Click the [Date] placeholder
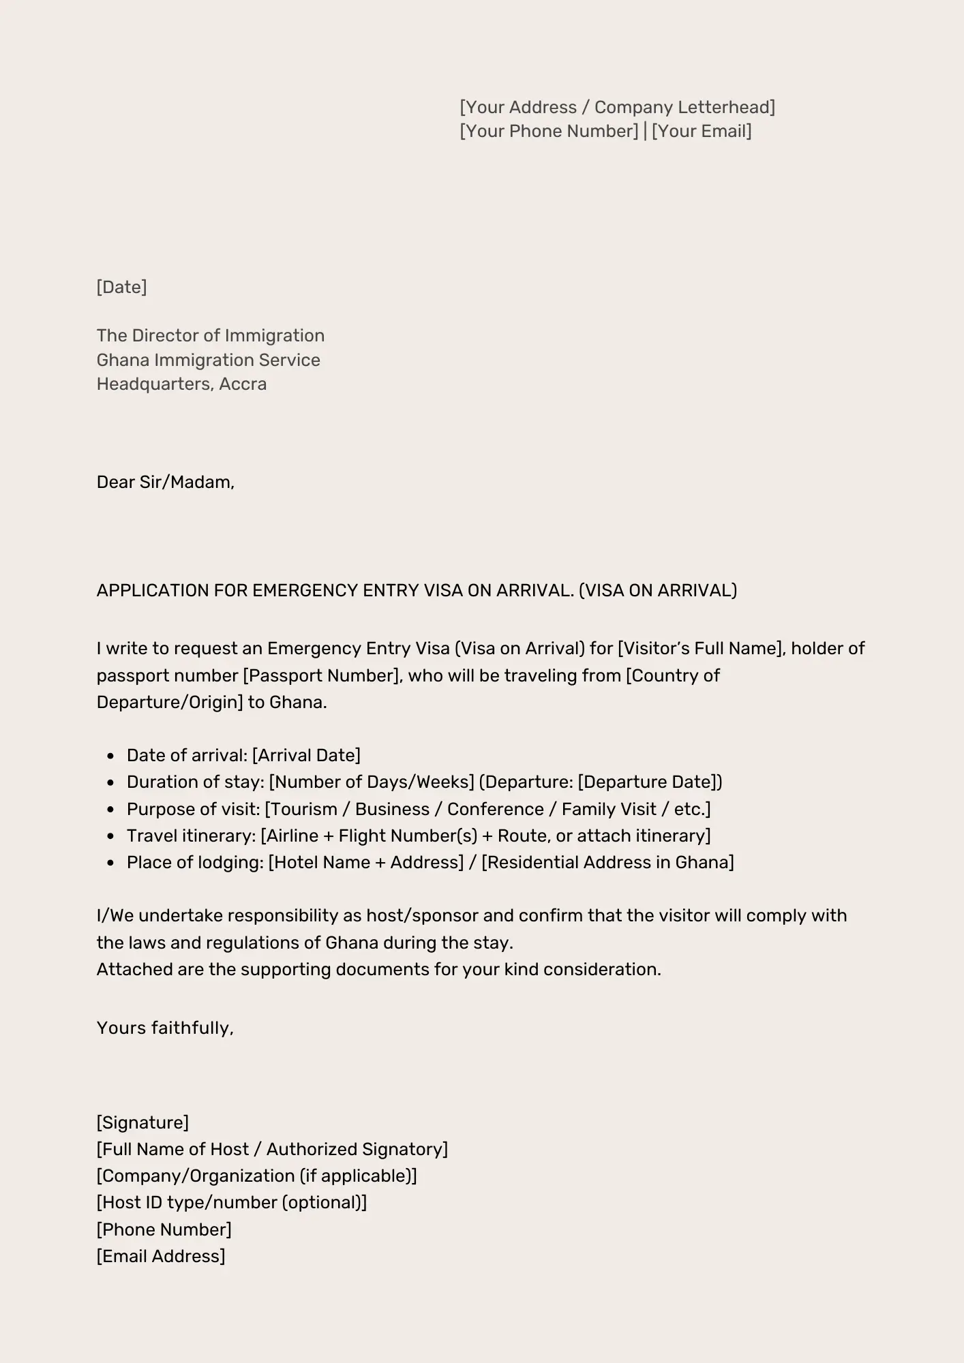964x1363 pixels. (121, 287)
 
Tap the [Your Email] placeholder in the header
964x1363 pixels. (702, 131)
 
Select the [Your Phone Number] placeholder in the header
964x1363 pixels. (549, 131)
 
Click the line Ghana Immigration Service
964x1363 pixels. (208, 360)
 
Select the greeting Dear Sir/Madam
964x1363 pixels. (165, 482)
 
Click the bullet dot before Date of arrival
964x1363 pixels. (110, 756)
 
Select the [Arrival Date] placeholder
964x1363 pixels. (306, 755)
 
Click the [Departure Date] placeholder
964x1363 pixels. (647, 782)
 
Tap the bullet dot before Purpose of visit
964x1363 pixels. (110, 810)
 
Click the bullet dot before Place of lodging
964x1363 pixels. (110, 863)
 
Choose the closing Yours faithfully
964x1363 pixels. (165, 1028)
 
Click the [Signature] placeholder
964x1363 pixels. (142, 1122)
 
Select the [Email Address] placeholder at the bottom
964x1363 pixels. (161, 1256)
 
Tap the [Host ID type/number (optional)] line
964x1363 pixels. (232, 1202)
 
